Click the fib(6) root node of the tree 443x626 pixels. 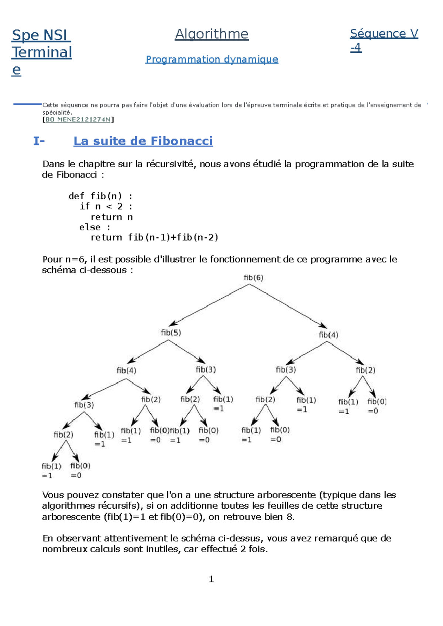point(253,278)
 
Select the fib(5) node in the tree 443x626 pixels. point(171,333)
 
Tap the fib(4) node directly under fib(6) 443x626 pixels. point(328,335)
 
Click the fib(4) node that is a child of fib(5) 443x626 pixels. point(126,370)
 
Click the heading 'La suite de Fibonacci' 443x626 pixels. point(143,141)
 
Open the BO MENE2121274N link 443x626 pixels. point(78,119)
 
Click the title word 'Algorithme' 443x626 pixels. point(212,34)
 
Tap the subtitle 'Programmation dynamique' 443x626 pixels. point(212,59)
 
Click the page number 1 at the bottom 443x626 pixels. point(211,579)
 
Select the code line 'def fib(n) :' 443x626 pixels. point(100,196)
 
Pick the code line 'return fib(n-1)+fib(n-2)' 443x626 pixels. point(154,237)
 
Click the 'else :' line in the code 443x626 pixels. point(95,227)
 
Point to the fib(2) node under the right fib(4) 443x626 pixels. point(365,370)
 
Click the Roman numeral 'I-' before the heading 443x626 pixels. point(39,141)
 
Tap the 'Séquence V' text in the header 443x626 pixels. point(384,34)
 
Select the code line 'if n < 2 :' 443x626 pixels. point(106,206)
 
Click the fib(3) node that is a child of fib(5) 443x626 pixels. point(206,369)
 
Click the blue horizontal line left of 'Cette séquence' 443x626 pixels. point(27,104)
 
